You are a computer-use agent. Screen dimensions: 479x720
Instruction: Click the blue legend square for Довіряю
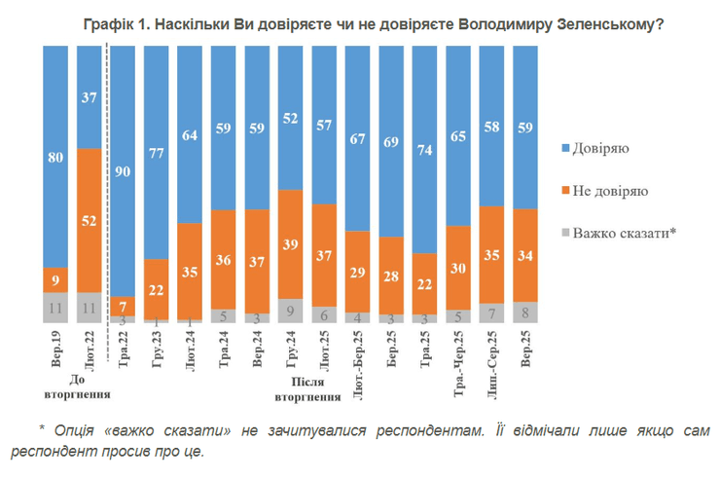pyautogui.click(x=566, y=149)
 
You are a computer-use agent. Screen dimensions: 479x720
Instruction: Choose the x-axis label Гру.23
pyautogui.click(x=156, y=351)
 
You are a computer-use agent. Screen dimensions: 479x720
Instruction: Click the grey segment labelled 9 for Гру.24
pyautogui.click(x=290, y=311)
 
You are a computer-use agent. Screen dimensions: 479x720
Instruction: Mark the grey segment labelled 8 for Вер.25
pyautogui.click(x=525, y=313)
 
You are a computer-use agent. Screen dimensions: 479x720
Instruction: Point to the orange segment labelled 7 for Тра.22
pyautogui.click(x=122, y=305)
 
